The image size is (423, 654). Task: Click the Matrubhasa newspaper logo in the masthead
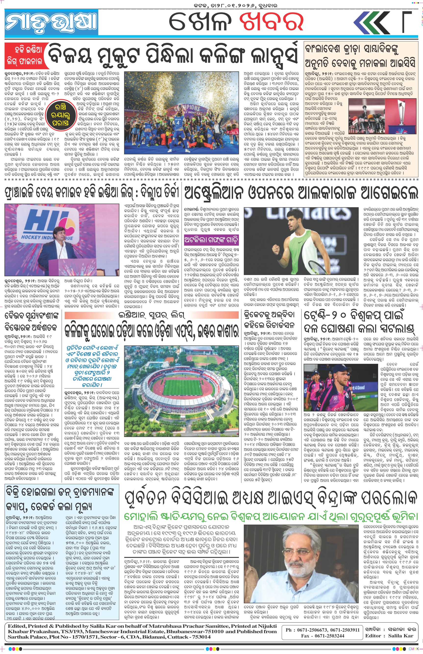click(x=51, y=23)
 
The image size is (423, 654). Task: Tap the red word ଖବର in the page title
click(x=271, y=22)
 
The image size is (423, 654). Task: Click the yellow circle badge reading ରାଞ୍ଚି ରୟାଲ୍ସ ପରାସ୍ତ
click(x=61, y=115)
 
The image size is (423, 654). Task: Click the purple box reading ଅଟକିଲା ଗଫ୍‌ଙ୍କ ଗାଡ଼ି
click(x=211, y=240)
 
